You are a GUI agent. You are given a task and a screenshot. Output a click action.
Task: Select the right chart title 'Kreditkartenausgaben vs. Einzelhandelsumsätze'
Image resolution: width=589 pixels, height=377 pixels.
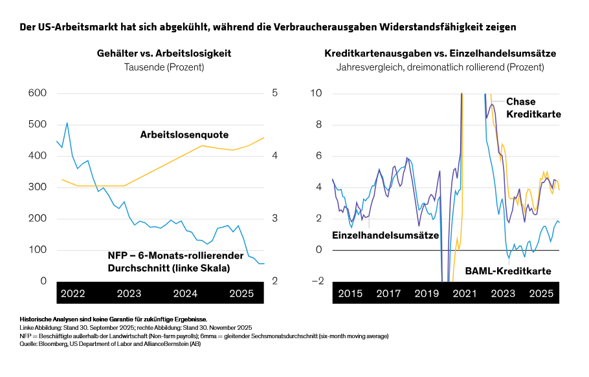point(440,53)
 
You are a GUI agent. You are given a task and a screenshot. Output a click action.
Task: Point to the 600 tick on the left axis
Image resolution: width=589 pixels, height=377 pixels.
point(38,93)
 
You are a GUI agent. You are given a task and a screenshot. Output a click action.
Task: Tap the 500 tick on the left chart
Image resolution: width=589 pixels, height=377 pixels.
point(38,125)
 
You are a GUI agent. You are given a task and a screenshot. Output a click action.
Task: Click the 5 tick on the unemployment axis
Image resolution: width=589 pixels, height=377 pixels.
point(275,93)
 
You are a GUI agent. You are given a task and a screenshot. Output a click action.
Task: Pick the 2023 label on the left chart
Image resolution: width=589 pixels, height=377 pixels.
point(129,294)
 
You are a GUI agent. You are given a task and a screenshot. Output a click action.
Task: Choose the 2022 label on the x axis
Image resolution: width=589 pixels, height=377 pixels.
point(72,294)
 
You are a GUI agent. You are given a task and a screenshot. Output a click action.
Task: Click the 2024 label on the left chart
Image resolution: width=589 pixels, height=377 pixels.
point(185,294)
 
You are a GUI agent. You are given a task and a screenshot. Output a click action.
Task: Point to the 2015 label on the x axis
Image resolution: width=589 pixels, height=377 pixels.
point(350,294)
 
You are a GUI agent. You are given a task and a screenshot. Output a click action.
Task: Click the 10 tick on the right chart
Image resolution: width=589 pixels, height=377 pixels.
point(317,93)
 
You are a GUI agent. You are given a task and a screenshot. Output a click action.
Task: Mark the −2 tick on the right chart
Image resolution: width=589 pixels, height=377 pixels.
point(317,281)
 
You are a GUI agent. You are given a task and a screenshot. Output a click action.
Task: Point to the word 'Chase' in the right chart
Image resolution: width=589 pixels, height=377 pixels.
point(520,102)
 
